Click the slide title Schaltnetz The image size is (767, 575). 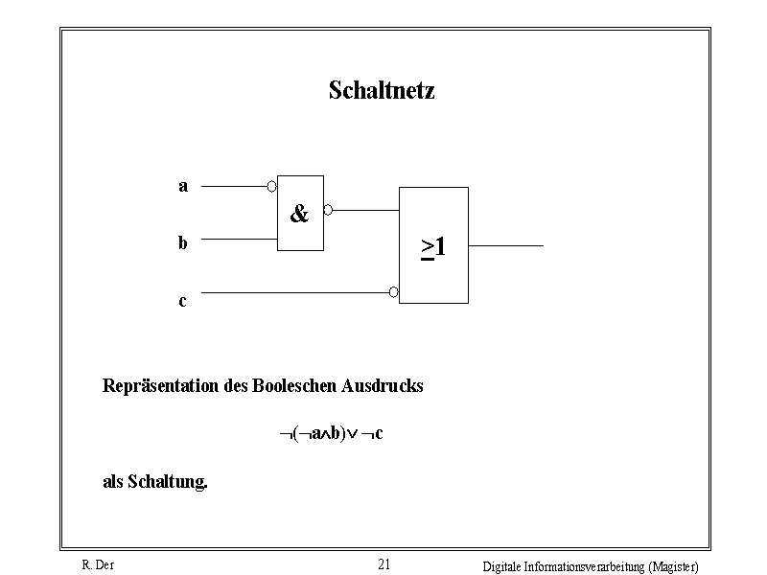(x=382, y=90)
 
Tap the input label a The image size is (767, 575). (x=183, y=186)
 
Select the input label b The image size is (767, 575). (x=182, y=242)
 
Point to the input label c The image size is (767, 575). (x=182, y=301)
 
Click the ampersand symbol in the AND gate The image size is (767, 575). (x=299, y=213)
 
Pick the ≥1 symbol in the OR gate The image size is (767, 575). (x=433, y=247)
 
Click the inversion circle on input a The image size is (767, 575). (x=272, y=186)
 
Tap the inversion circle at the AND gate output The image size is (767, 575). (x=328, y=210)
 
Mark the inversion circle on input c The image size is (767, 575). (x=394, y=292)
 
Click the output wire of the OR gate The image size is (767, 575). (x=506, y=245)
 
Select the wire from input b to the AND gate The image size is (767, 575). (x=239, y=239)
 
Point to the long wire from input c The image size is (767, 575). (x=295, y=293)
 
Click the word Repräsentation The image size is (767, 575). (x=160, y=386)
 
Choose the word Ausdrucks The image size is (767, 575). (x=382, y=386)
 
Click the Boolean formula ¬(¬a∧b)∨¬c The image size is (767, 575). (x=331, y=433)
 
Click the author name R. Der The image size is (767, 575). (x=98, y=565)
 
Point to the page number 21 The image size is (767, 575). (x=384, y=564)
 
